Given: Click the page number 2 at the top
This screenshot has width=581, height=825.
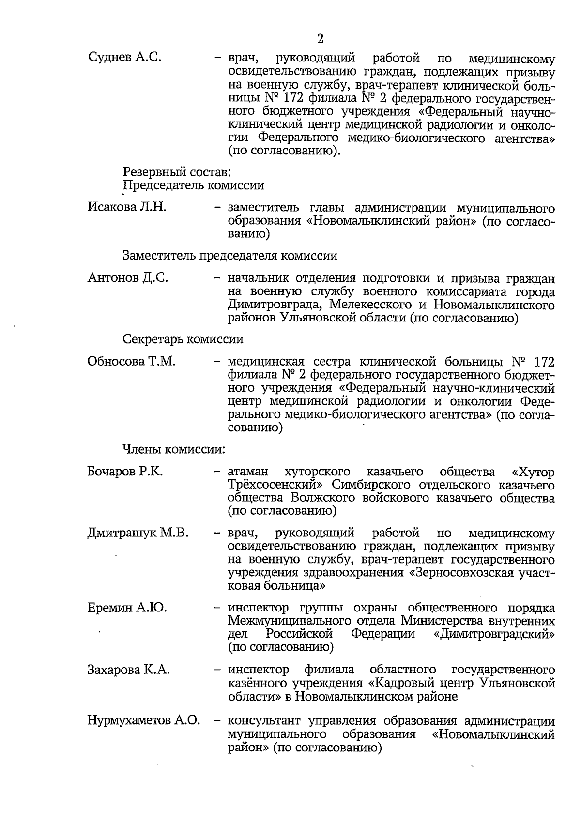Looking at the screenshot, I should pos(320,38).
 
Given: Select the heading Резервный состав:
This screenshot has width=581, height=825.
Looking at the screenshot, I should pos(177,171).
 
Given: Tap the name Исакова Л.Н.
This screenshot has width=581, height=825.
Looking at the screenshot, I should pos(127,208).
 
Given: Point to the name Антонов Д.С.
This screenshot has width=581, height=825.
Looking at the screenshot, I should pos(128,278).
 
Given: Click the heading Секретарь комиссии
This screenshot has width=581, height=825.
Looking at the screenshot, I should pos(183,339).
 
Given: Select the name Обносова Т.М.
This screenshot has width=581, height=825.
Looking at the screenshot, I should pos(131,362).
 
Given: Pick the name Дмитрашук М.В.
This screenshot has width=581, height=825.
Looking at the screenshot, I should pos(138,534).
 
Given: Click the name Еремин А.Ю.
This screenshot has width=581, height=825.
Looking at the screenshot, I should pos(127,608).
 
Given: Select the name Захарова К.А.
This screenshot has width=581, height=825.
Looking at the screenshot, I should pos(129,670).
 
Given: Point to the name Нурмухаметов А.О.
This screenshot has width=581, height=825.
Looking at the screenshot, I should pos(143,721).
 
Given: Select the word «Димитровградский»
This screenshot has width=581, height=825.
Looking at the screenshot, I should pos(494,634).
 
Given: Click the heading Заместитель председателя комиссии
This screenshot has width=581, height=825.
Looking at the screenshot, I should pos(230,256).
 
